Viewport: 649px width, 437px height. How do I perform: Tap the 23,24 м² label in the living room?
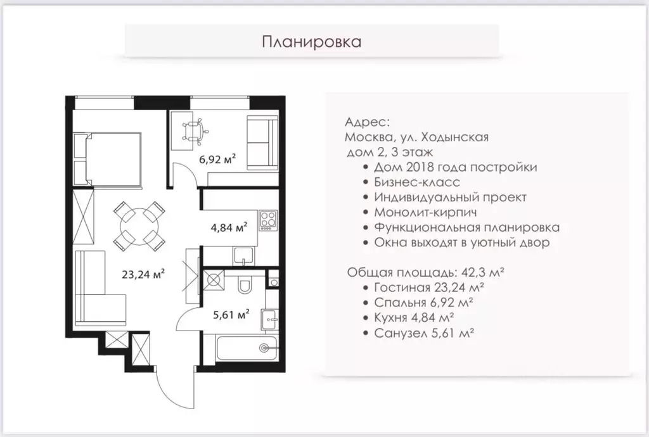click(144, 274)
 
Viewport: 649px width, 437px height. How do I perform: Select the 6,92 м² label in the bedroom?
click(217, 159)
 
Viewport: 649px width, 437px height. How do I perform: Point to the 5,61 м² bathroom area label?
click(230, 312)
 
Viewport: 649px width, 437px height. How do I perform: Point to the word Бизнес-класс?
click(409, 182)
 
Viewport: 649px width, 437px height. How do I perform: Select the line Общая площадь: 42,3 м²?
click(425, 272)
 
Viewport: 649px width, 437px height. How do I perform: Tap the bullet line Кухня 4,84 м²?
click(414, 317)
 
